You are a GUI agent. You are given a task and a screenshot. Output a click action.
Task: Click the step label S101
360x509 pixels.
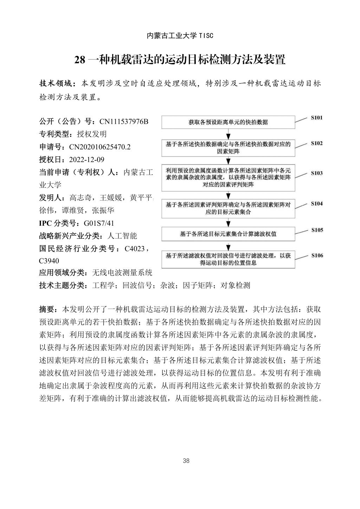coord(316,118)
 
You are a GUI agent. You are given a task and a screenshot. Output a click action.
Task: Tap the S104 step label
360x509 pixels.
coord(316,204)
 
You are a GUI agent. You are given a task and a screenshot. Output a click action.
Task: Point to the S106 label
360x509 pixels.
coord(317,256)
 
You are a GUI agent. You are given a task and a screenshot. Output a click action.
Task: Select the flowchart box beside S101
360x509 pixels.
coord(228,122)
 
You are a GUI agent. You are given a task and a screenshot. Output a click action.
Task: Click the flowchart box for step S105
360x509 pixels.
coord(228,234)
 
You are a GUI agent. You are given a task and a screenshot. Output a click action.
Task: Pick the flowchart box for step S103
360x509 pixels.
coord(228,178)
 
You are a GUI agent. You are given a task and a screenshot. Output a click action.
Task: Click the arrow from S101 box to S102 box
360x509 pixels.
coord(229,134)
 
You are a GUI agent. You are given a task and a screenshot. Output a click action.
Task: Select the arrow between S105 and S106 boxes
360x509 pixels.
coord(229,245)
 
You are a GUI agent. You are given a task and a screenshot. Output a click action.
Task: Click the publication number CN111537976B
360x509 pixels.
coord(124,122)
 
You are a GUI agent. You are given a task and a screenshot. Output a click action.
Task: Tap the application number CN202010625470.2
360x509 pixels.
coord(100,147)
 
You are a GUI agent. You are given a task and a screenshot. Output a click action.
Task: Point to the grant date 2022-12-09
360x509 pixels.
coord(87,160)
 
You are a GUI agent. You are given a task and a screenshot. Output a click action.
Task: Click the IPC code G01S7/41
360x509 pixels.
coord(99,223)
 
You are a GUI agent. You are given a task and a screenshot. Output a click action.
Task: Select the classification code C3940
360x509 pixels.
coord(49,261)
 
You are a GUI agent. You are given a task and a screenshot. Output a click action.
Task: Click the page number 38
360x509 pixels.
coord(186,461)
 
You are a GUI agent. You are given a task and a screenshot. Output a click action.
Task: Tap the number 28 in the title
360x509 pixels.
coord(80,60)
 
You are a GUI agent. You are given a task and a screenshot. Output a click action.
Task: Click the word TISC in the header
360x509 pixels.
coord(206,36)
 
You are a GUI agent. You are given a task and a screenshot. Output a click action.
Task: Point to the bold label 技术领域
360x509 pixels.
coord(55,84)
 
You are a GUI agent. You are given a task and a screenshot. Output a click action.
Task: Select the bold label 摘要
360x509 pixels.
coord(46,309)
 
